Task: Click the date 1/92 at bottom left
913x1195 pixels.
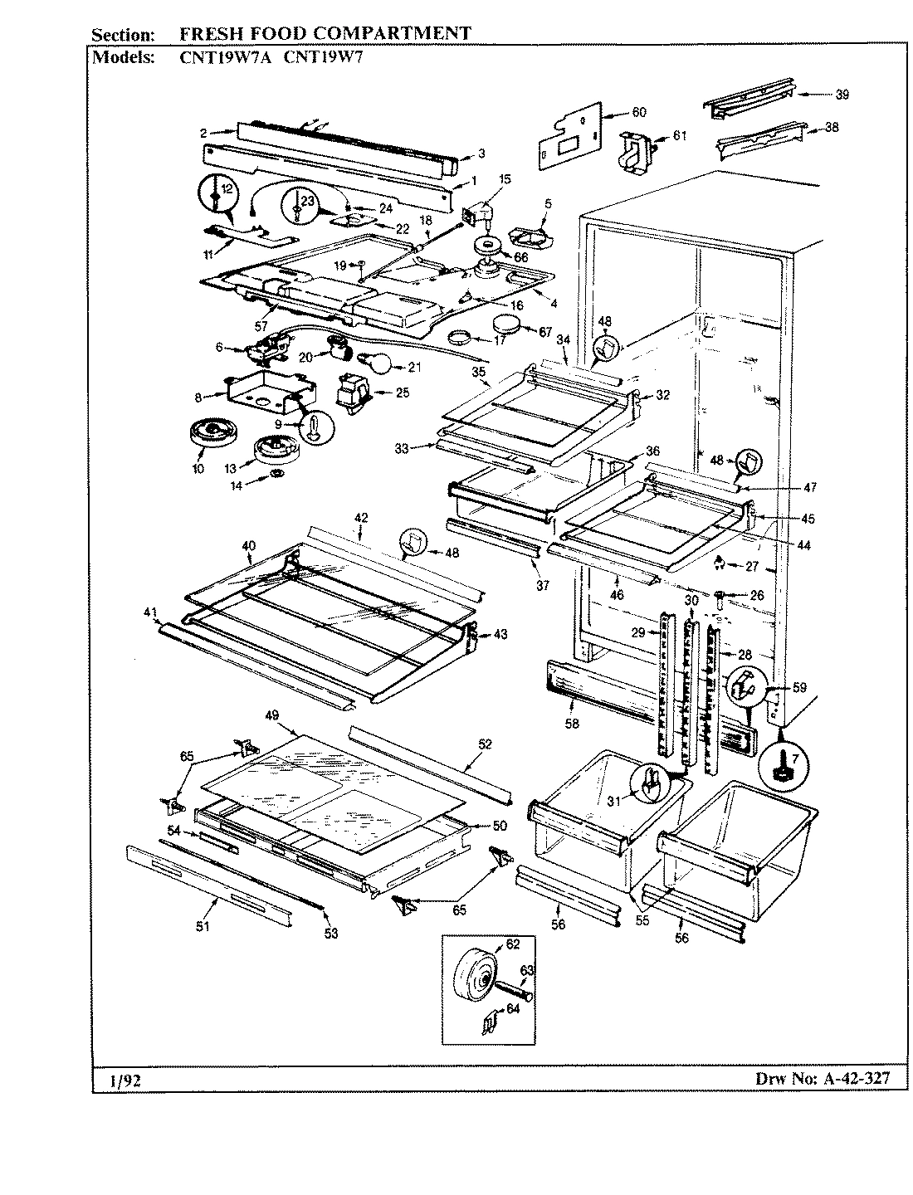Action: pos(122,1080)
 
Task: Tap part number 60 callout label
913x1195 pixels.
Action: pos(638,112)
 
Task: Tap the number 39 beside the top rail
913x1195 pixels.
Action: pos(842,95)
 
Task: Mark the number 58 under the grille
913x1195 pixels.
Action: pos(571,723)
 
